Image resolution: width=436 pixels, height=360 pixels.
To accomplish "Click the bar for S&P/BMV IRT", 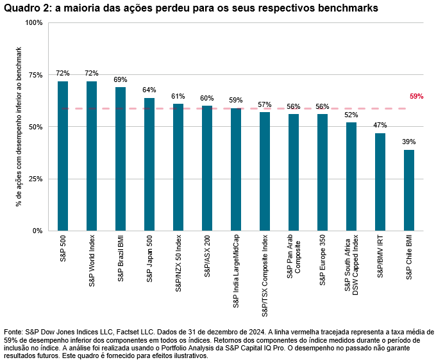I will [x=380, y=182].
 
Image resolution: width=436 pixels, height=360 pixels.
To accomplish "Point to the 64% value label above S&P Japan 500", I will [x=149, y=90].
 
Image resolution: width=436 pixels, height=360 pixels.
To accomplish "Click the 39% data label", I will [x=409, y=142].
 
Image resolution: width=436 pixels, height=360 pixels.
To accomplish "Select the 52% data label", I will [x=351, y=115].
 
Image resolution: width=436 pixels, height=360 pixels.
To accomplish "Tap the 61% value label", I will [x=178, y=96].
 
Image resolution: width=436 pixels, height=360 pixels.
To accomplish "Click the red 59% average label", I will [x=416, y=97].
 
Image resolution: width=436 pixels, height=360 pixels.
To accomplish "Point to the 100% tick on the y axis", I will [x=33, y=22].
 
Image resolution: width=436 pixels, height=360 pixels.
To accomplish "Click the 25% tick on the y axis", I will [x=35, y=179].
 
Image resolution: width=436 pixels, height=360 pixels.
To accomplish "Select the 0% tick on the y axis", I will [x=37, y=231].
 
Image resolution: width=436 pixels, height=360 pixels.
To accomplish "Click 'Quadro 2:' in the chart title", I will [x=25, y=8].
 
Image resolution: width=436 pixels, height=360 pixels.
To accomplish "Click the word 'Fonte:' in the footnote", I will [x=14, y=332].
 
